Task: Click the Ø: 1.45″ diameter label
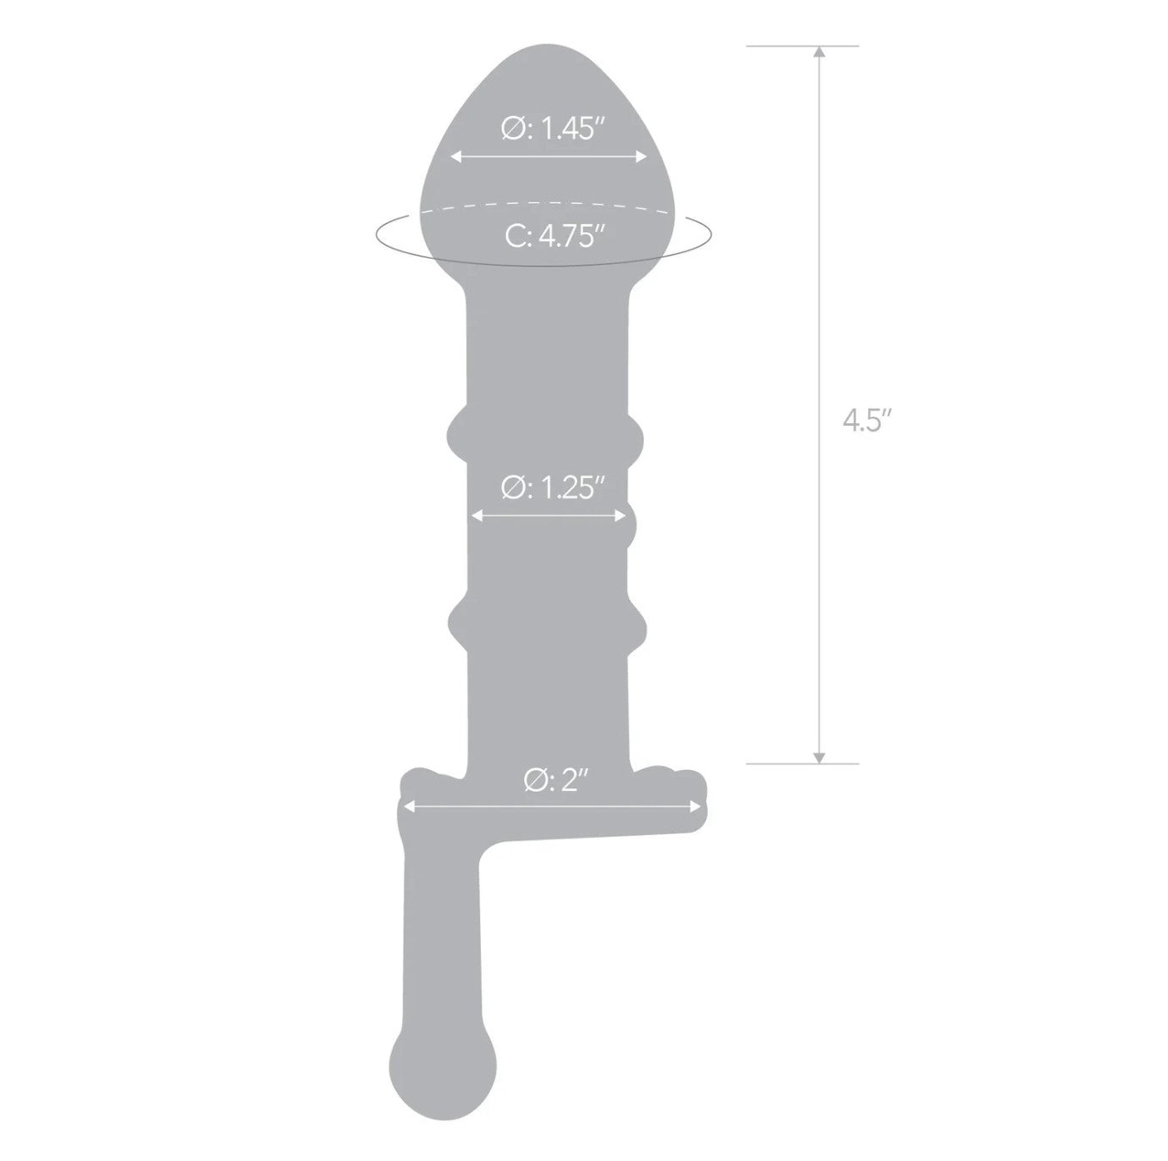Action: point(554,129)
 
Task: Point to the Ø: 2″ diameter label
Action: point(556,780)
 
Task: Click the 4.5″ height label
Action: point(868,420)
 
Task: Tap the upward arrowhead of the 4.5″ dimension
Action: point(819,52)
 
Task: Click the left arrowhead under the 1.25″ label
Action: point(477,515)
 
